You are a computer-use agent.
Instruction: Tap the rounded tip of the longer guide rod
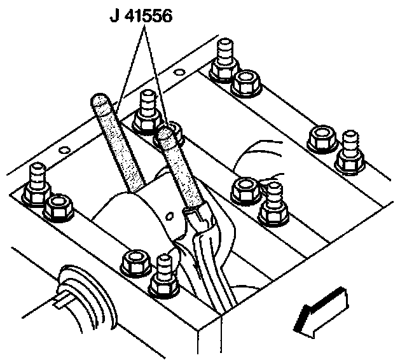(x=100, y=101)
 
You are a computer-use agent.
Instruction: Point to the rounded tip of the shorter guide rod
(x=167, y=132)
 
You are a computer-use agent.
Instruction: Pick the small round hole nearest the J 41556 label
(x=181, y=73)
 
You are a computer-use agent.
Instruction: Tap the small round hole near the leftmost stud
(x=62, y=151)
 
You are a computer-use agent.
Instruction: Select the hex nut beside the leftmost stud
(x=59, y=206)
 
